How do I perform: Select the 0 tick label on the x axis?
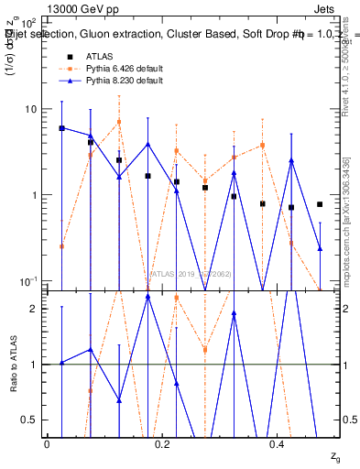[x=47, y=443]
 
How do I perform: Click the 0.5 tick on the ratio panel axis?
[x=30, y=420]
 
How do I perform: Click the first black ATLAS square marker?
[x=61, y=128]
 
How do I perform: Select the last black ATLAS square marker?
[x=320, y=204]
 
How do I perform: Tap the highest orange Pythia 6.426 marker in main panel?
[x=119, y=122]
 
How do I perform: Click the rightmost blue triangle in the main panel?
[x=320, y=248]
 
